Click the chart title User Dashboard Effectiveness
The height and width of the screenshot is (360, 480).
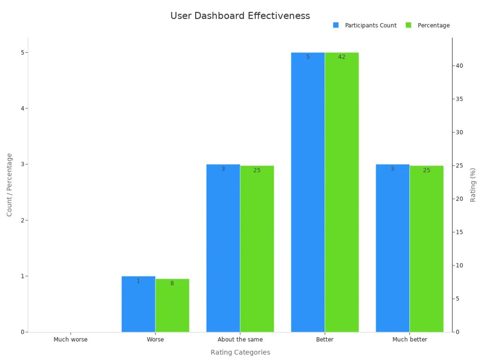point(240,16)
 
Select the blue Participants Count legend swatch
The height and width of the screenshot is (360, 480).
point(336,25)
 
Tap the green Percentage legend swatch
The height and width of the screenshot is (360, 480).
point(408,25)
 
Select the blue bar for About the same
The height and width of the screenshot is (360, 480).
point(223,248)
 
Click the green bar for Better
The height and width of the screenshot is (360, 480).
point(342,192)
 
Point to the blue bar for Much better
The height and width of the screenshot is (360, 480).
point(392,248)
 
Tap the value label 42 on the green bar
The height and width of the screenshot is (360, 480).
point(342,57)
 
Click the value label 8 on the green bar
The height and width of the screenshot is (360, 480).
point(172,283)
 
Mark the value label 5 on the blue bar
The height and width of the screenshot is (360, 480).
point(308,57)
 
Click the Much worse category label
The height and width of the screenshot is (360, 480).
point(70,340)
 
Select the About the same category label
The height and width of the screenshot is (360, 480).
point(240,340)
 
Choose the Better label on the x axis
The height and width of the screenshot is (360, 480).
point(325,340)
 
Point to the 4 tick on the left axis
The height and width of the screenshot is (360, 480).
point(23,108)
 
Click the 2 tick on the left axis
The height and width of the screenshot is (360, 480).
point(23,220)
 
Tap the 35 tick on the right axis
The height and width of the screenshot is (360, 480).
point(460,99)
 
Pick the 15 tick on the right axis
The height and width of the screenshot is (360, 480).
point(460,232)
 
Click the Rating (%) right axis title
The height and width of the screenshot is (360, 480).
point(473,185)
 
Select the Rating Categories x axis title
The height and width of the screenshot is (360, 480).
point(240,352)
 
